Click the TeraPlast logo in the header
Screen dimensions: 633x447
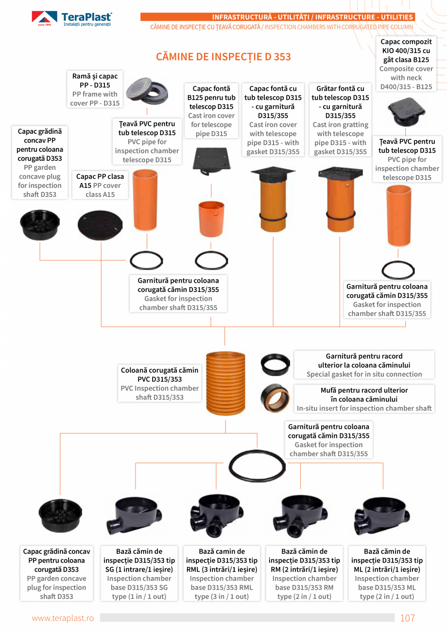(72, 19)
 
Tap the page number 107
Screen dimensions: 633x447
(407, 618)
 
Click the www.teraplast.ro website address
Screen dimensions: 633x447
(63, 618)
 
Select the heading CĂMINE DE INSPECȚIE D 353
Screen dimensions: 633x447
(223, 56)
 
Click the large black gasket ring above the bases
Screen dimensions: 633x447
(257, 465)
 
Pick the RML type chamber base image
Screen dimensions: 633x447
(216, 516)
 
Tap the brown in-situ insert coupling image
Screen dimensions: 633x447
(275, 398)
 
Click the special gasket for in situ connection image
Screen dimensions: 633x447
(275, 364)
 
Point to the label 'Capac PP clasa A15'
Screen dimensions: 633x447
(100, 185)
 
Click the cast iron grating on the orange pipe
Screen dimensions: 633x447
(340, 174)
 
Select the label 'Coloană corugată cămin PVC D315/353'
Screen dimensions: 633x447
(159, 384)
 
